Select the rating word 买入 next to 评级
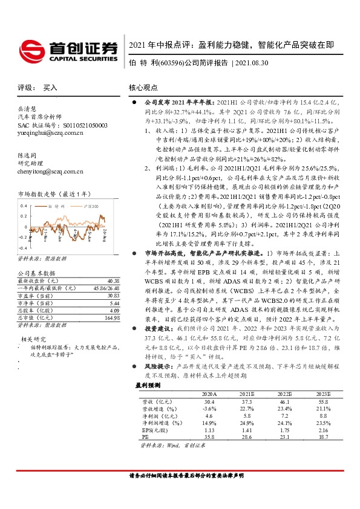point(50,88)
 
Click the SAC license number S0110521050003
point(82,125)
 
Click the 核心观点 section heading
point(144,88)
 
